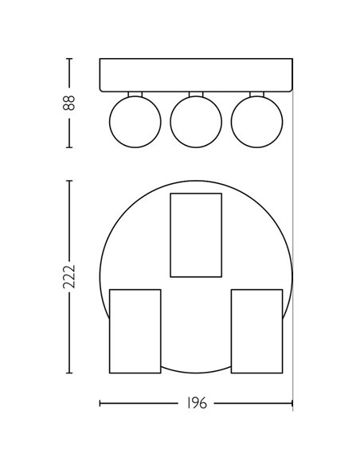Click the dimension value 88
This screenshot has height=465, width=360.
click(70, 103)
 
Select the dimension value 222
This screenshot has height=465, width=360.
click(70, 276)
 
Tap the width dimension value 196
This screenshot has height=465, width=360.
click(196, 404)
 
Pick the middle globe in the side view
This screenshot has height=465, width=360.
click(195, 121)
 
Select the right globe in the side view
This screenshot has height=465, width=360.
click(256, 121)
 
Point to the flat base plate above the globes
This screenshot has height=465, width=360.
click(196, 76)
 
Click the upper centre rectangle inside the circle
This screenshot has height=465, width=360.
click(196, 235)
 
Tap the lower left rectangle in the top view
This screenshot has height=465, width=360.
click(135, 331)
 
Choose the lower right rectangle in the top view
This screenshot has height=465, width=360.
click(256, 331)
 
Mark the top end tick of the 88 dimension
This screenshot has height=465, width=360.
click(70, 59)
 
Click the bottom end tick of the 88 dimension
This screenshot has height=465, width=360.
click(70, 147)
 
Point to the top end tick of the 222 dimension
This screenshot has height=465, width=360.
click(70, 181)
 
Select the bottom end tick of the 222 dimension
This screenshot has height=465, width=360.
click(70, 373)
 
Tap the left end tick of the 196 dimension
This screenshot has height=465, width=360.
click(100, 404)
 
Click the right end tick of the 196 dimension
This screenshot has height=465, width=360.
click(292, 404)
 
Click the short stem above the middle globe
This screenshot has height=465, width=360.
click(196, 94)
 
